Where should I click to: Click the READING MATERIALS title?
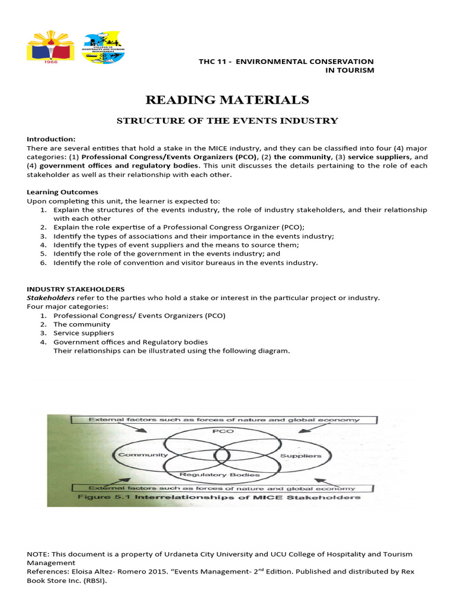227,99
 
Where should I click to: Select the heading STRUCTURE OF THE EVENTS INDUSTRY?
227,121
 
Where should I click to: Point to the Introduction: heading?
52,139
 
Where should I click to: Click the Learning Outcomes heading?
63,192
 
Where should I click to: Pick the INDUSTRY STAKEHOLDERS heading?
76,289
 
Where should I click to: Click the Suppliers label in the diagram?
300,456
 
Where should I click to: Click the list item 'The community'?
82,324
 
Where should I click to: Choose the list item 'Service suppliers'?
84,333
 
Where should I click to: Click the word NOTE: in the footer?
38,554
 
